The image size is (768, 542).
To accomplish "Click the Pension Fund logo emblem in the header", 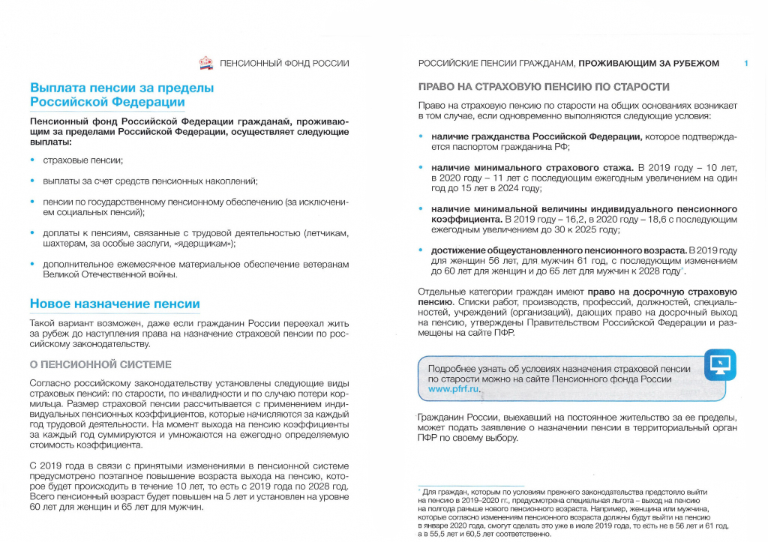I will [x=206, y=63].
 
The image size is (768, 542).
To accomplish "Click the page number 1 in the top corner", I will [x=746, y=64].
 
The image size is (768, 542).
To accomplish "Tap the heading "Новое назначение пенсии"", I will [x=115, y=304].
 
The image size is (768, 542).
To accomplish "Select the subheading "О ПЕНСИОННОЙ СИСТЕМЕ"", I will [x=100, y=365].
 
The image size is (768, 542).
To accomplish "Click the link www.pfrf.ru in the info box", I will [x=453, y=390].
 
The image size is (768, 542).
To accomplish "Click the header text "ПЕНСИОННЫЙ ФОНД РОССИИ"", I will [x=284, y=64].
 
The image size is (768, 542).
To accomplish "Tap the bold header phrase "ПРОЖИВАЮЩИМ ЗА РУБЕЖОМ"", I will [x=649, y=64].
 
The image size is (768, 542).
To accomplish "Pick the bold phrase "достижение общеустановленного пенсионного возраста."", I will [x=557, y=250].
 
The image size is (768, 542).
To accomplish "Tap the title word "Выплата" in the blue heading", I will [x=60, y=88].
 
